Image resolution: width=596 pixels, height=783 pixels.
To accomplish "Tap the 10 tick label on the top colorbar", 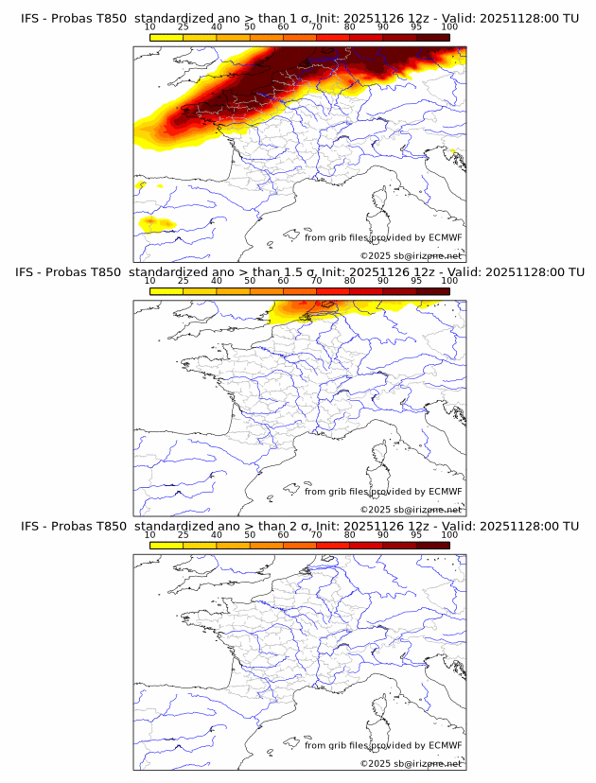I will click(150, 26).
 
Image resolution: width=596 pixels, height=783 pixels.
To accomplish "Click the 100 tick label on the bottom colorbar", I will click(449, 535).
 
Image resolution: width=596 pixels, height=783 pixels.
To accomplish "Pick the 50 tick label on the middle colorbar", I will click(250, 281).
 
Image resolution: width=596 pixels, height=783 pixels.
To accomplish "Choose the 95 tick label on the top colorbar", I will click(416, 26).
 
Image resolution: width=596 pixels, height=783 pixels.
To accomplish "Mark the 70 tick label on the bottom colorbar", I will click(316, 535).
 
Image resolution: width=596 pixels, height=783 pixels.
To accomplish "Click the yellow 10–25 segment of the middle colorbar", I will click(167, 290).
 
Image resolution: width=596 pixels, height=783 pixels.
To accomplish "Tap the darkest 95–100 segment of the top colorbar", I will click(432, 37).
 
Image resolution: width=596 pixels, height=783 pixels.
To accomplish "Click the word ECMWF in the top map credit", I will click(445, 237).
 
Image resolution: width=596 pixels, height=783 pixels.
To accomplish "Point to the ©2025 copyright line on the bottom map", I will click(411, 763).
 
